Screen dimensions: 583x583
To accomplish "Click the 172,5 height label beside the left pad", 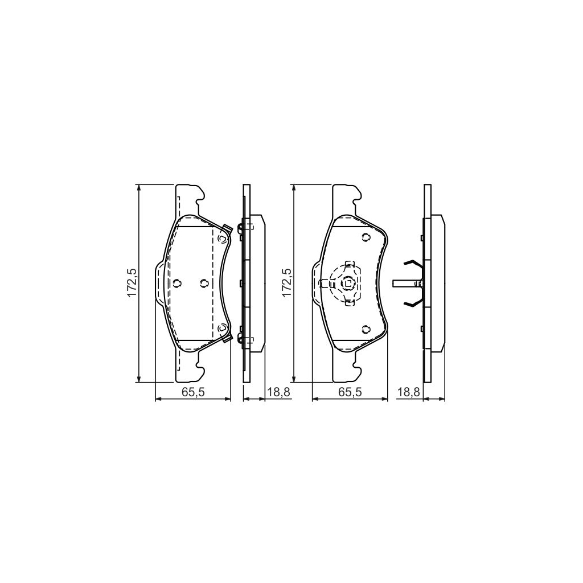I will click(x=132, y=283).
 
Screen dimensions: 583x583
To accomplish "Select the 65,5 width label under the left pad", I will click(x=193, y=392).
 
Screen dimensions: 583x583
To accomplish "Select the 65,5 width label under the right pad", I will click(x=350, y=392).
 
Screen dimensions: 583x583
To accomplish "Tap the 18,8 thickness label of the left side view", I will click(x=278, y=392).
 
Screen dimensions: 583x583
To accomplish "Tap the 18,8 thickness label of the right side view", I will click(x=408, y=392).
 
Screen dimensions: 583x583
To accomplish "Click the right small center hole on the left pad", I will click(x=204, y=283).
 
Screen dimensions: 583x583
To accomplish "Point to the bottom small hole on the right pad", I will click(x=365, y=329).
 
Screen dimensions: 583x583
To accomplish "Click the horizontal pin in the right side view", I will click(x=405, y=283).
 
